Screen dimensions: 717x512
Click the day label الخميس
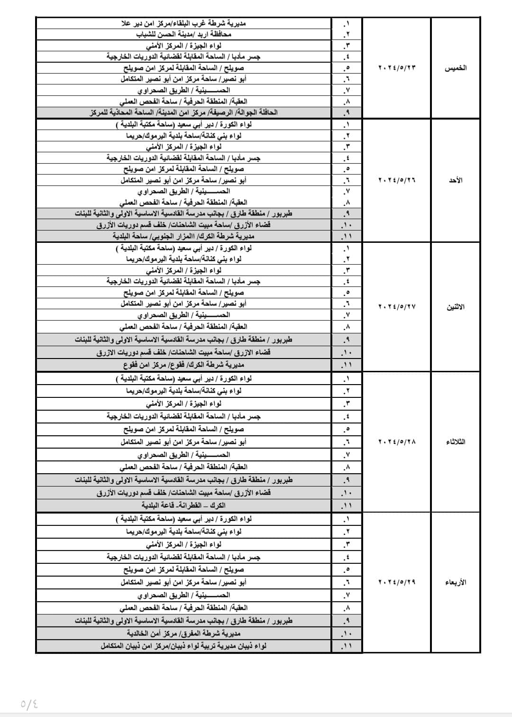(x=455, y=68)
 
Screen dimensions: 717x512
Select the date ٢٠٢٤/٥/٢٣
(x=397, y=68)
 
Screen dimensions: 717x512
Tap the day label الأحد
(x=456, y=180)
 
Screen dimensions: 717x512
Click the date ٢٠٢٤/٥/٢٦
(x=397, y=180)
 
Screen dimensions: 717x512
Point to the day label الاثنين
(x=456, y=307)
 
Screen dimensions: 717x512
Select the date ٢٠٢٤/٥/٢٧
(x=397, y=307)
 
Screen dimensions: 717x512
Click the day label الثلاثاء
(x=456, y=442)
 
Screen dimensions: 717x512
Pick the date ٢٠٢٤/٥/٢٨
(x=397, y=442)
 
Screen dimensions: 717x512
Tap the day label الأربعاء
(x=456, y=582)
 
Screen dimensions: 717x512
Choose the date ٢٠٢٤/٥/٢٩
(x=397, y=582)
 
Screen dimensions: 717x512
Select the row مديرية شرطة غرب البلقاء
(x=183, y=23)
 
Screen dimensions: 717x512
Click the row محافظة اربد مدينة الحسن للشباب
(x=183, y=35)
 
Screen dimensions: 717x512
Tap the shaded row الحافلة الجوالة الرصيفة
(x=183, y=112)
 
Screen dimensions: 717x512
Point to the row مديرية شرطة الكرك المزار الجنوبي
(x=183, y=236)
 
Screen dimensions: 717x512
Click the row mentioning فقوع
(x=183, y=365)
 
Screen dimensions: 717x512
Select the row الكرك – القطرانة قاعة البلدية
(x=183, y=505)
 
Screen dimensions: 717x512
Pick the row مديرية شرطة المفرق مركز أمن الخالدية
(x=183, y=633)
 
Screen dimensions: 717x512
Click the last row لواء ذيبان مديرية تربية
(x=183, y=645)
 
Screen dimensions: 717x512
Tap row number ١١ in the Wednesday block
(x=347, y=646)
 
